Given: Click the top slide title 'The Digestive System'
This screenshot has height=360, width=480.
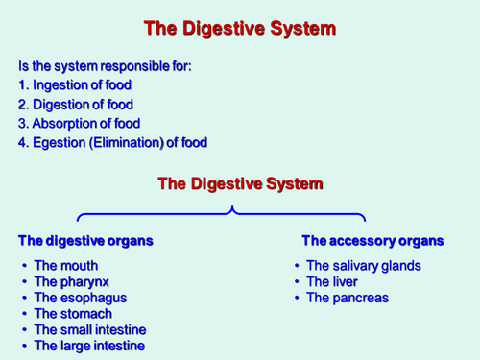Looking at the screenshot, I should pos(239,29).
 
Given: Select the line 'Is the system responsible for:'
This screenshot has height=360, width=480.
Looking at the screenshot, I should pos(105,66).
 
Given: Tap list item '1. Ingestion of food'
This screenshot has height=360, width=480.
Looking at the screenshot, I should pos(75,85).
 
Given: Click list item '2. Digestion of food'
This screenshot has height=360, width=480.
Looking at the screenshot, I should pos(76,105).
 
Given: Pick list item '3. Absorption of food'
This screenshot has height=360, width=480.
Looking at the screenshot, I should pos(79,124).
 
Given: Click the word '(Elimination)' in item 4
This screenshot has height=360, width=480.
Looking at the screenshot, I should pos(131,143).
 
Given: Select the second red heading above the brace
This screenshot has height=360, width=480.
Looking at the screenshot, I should pos(239,183).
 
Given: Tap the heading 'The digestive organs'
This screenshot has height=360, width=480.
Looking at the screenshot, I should pos(85,240).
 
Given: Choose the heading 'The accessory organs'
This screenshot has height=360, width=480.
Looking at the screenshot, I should pos(372,240).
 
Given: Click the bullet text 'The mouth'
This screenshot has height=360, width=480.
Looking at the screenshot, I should pos(65,266).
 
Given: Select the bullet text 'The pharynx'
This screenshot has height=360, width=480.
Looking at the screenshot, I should pos(71,282).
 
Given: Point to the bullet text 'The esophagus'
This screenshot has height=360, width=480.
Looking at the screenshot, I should pos(79,298).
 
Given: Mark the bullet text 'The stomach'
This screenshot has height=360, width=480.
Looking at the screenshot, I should pos(73,314).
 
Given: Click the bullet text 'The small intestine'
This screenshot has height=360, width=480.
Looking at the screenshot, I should pos(89,329).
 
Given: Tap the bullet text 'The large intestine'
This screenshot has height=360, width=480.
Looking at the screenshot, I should pos(89,346).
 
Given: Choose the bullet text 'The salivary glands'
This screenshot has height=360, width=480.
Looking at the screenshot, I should pos(363,266).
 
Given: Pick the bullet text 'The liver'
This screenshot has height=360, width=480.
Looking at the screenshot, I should pos(333,282).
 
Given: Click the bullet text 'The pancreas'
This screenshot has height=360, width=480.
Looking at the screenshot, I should pos(347,298).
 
